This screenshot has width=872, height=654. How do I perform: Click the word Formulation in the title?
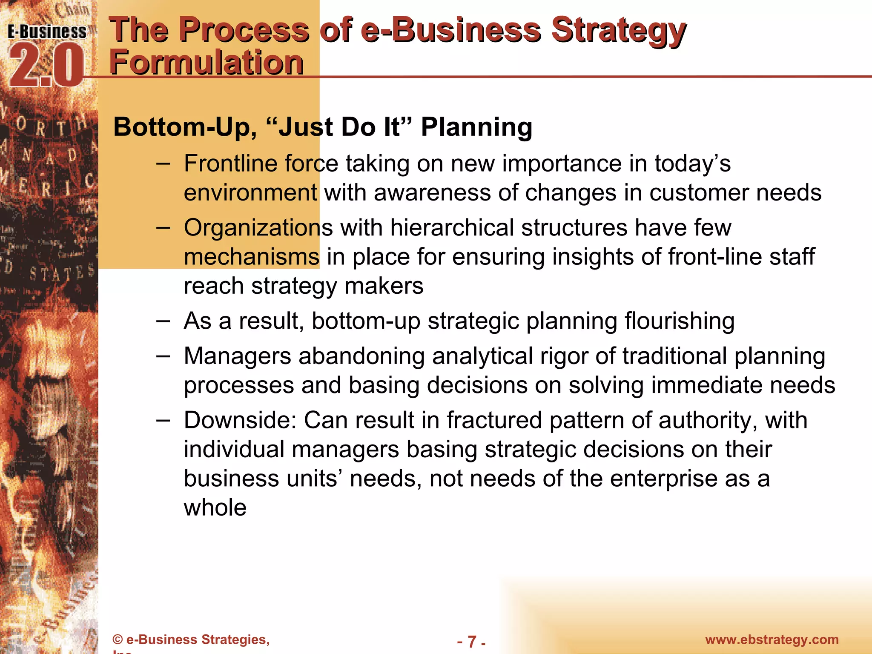coord(207,63)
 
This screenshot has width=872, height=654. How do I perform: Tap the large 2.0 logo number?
coord(46,66)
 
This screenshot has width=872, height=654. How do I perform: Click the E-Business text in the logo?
coord(47,32)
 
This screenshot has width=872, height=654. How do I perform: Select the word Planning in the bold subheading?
coord(476,127)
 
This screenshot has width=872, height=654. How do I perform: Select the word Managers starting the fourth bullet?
coord(237,356)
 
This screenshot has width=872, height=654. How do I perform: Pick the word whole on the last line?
coord(215,508)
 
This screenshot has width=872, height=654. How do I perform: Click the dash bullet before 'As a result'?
coord(163,321)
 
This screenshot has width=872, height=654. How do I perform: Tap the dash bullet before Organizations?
coord(163,228)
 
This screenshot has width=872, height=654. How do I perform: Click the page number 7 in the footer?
coord(471,641)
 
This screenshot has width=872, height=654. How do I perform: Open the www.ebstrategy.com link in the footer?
coord(772,640)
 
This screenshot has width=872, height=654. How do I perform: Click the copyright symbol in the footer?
coord(118,640)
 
